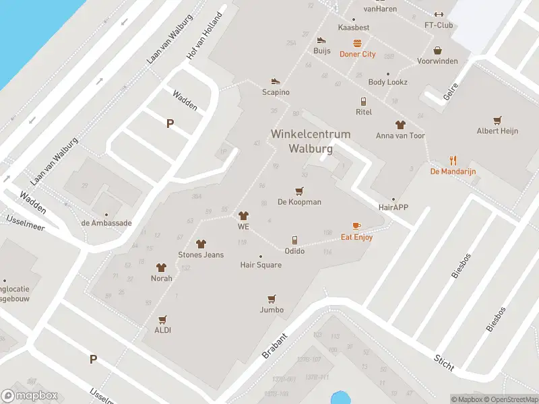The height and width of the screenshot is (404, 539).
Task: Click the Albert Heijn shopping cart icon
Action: (497, 121)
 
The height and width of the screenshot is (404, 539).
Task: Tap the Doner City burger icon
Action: (357, 43)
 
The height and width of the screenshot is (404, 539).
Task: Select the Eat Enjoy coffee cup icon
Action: (356, 226)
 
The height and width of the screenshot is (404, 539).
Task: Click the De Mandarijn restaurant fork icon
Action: (453, 160)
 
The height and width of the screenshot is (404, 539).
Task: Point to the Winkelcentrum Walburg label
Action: (311, 141)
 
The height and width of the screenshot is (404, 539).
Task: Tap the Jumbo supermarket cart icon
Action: (272, 298)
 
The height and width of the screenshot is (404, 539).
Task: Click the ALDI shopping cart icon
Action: (162, 319)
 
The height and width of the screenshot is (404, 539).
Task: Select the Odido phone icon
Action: (294, 240)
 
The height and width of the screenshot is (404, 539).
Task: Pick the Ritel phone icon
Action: (363, 102)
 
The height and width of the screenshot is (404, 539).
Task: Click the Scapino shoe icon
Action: (276, 81)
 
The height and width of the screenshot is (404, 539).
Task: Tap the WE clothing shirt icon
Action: (243, 215)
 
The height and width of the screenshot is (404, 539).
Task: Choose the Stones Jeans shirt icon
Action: (200, 244)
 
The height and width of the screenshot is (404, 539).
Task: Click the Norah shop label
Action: (162, 278)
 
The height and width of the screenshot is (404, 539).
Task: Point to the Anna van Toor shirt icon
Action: (400, 125)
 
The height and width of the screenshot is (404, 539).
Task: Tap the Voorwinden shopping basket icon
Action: (437, 50)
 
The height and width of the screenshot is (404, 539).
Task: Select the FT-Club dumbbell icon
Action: (439, 14)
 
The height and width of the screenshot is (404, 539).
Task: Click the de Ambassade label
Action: (106, 223)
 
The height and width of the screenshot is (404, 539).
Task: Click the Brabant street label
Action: (274, 345)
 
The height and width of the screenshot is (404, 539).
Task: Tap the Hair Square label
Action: (261, 265)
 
